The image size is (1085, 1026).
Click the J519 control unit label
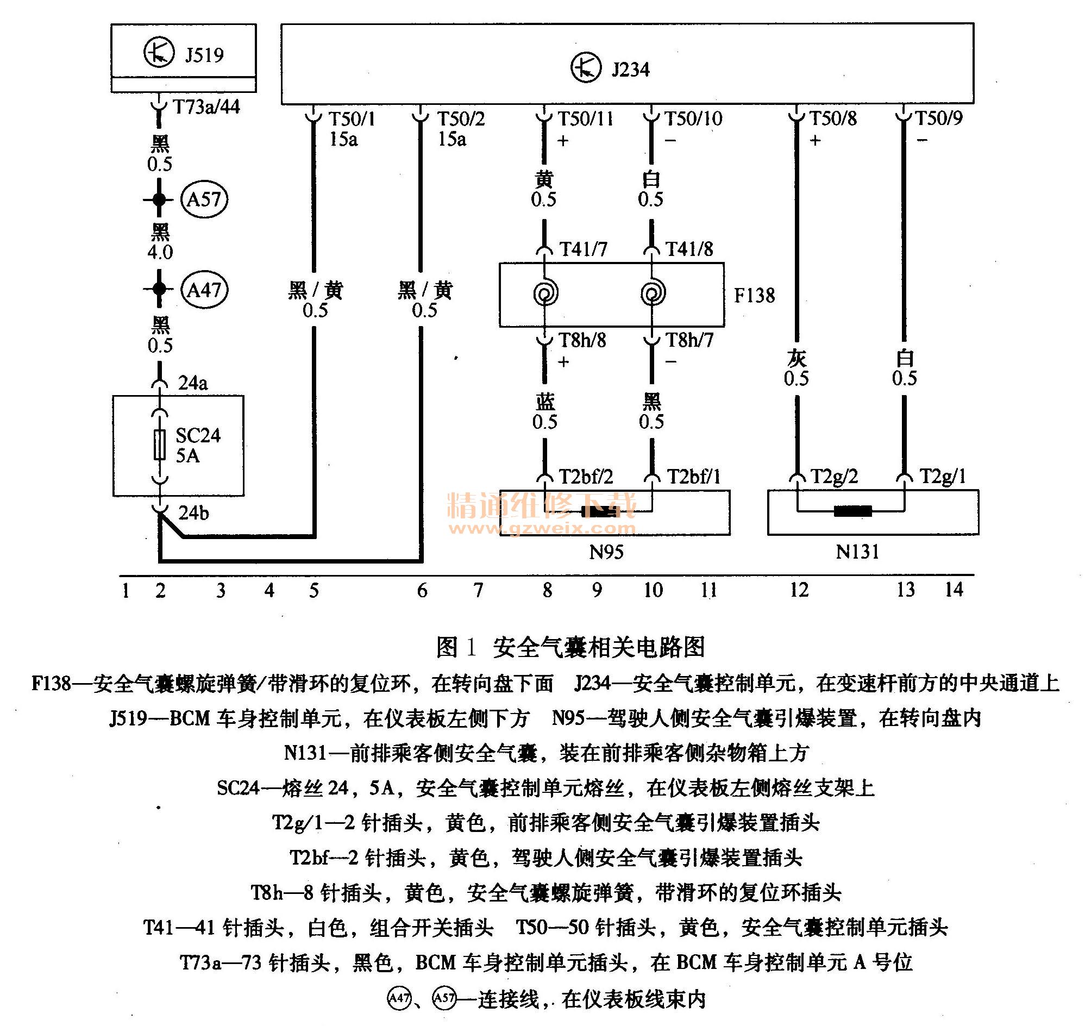[203, 55]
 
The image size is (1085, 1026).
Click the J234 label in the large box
[630, 70]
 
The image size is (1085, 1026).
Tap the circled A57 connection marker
[204, 199]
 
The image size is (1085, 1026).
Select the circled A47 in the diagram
[204, 289]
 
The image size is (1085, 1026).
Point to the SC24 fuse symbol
[159, 445]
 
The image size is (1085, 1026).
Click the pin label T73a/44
[206, 107]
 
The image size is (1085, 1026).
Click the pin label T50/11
[585, 118]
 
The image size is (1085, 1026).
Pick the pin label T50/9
[938, 118]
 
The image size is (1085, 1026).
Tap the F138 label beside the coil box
[754, 295]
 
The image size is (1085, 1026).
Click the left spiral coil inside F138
[545, 293]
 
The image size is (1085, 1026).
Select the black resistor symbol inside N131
[852, 511]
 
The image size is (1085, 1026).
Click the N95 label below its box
[606, 552]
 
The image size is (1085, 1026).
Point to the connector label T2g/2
[834, 477]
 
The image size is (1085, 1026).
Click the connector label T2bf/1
[693, 477]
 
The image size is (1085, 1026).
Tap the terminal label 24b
[193, 512]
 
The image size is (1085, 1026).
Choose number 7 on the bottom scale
[478, 590]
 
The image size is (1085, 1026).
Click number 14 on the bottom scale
[954, 590]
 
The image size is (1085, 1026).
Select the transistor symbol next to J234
[586, 68]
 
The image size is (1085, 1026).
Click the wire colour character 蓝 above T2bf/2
[545, 402]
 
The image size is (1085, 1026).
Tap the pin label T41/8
[689, 249]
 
